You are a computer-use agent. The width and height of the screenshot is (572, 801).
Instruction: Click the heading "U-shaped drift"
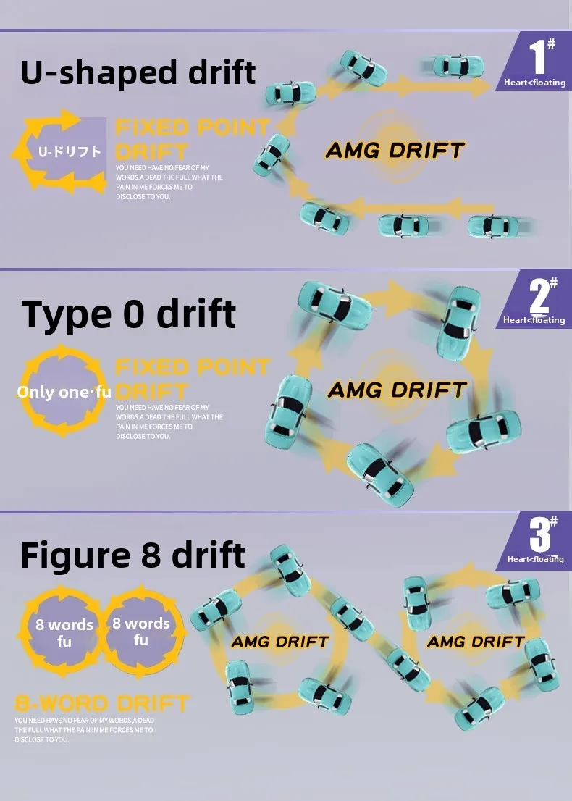[x=138, y=73]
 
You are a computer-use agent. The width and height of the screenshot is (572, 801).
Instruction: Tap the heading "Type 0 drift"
[x=129, y=314]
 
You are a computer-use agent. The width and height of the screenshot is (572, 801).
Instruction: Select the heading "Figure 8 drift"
[x=133, y=555]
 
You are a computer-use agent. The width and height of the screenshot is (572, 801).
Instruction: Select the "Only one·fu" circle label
[x=64, y=392]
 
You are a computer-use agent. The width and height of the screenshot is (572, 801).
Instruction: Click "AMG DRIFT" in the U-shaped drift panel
[x=395, y=151]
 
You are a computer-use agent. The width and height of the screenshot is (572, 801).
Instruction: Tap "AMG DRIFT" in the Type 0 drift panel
[x=397, y=390]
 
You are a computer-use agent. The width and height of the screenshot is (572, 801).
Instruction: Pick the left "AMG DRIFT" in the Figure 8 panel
[x=280, y=642]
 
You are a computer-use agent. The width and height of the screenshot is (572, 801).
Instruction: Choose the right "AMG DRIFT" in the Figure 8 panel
[x=476, y=642]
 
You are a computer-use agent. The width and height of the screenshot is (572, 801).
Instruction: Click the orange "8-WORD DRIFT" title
[x=102, y=703]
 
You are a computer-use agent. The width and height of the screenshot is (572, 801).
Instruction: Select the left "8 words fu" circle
[x=64, y=632]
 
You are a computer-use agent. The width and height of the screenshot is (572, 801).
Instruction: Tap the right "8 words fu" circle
[x=141, y=632]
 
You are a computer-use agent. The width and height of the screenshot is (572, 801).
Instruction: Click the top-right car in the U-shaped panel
[x=458, y=66]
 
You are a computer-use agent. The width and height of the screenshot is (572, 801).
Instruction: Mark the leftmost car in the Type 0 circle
[x=289, y=411]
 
